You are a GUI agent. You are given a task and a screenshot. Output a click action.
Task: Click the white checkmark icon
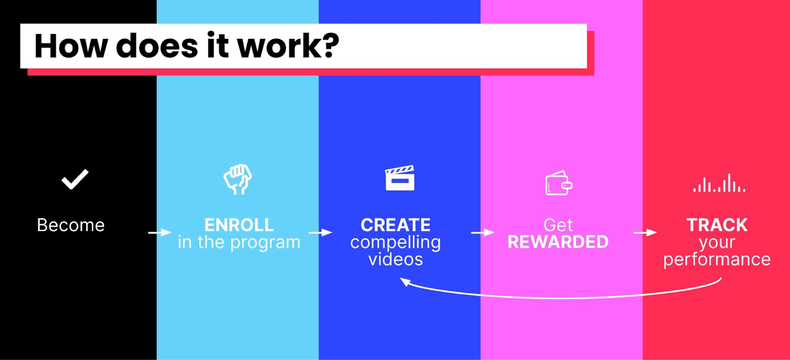tap(75, 179)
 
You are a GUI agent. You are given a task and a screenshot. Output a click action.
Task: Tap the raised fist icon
tap(237, 179)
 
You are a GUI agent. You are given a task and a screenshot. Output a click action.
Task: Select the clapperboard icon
tap(399, 178)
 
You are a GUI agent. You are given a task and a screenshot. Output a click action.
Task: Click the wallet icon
tap(558, 183)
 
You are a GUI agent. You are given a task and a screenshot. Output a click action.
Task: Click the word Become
tap(71, 225)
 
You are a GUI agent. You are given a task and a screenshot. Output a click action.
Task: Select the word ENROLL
tap(239, 225)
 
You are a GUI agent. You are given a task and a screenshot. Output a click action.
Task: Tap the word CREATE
tap(395, 225)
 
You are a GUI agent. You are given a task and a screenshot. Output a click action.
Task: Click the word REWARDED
tap(558, 242)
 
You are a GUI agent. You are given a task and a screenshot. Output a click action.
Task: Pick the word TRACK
tap(717, 225)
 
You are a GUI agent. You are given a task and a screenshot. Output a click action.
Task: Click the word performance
tap(717, 260)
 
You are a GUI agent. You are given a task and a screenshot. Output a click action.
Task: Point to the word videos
tap(395, 259)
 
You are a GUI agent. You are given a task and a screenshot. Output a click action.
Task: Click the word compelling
tap(395, 242)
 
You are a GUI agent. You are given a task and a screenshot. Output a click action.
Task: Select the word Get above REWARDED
tap(558, 225)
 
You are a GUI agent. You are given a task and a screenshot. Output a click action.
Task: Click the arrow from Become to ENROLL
tap(159, 232)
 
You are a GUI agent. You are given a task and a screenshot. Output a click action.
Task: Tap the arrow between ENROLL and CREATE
tap(320, 232)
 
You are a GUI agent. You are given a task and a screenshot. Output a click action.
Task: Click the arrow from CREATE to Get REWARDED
tap(482, 232)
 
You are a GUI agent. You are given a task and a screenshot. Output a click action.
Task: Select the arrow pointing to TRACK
tap(645, 232)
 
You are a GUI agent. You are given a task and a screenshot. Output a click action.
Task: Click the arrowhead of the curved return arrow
tap(405, 282)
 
